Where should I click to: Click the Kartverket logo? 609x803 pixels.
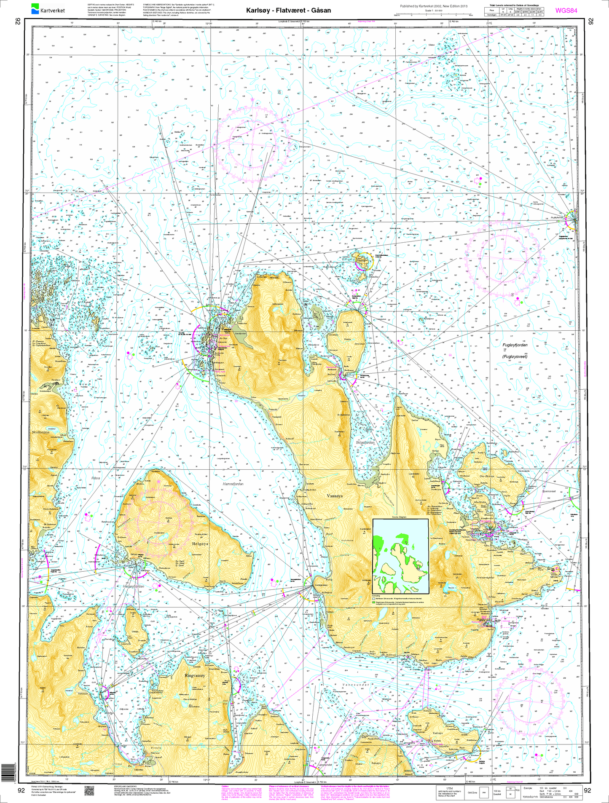point(45,8)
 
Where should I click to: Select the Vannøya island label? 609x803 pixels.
point(335,496)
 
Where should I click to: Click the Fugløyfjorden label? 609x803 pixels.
point(515,345)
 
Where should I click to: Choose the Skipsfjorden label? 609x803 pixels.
point(365,443)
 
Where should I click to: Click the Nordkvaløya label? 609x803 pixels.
point(41,432)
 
